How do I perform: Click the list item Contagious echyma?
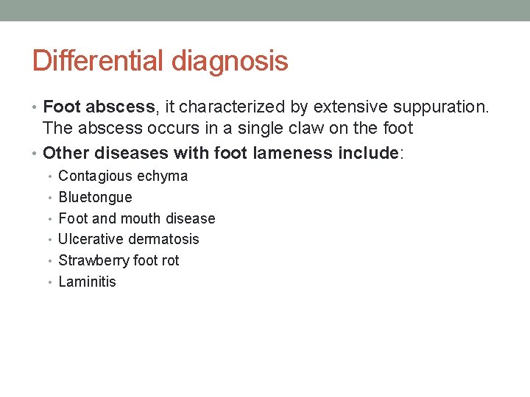pyautogui.click(x=123, y=176)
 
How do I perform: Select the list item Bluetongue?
pyautogui.click(x=95, y=197)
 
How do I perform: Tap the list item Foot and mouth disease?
pyautogui.click(x=136, y=218)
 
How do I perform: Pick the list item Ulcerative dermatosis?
pyautogui.click(x=128, y=239)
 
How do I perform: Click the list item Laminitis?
pyautogui.click(x=87, y=282)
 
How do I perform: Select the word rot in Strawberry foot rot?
pyautogui.click(x=170, y=260)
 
